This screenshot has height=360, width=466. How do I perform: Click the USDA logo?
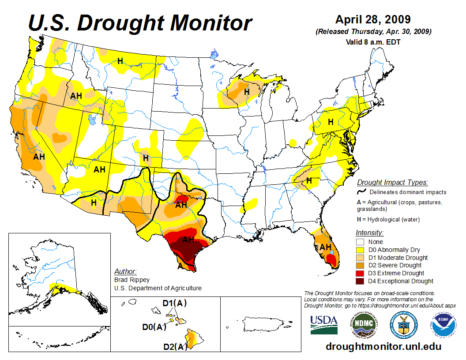pos(324,325)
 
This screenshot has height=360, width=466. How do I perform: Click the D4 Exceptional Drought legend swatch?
pos(360,281)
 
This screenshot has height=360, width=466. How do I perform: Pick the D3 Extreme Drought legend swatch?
pos(360,273)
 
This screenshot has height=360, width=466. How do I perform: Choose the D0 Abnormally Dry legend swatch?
pos(360,250)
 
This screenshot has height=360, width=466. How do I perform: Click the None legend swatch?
pos(360,242)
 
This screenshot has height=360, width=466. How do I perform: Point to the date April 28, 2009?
pos(373,20)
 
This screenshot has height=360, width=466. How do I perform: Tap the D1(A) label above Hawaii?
pos(175,304)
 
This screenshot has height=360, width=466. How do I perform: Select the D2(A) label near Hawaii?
pos(175,347)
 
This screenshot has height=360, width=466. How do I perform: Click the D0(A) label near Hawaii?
pos(154,327)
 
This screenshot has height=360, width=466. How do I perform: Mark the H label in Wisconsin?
pos(247,92)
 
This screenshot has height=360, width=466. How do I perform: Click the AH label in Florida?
pos(325,247)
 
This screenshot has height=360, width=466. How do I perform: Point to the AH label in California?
pos(39,156)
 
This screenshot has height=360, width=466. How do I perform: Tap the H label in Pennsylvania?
pos(330,122)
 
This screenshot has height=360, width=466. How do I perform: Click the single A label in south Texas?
pos(180,266)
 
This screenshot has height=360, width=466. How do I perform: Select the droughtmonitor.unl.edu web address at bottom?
pos(383,347)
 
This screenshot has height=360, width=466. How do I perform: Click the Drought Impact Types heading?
pos(392,183)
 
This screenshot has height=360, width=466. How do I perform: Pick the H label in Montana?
pos(120,60)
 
